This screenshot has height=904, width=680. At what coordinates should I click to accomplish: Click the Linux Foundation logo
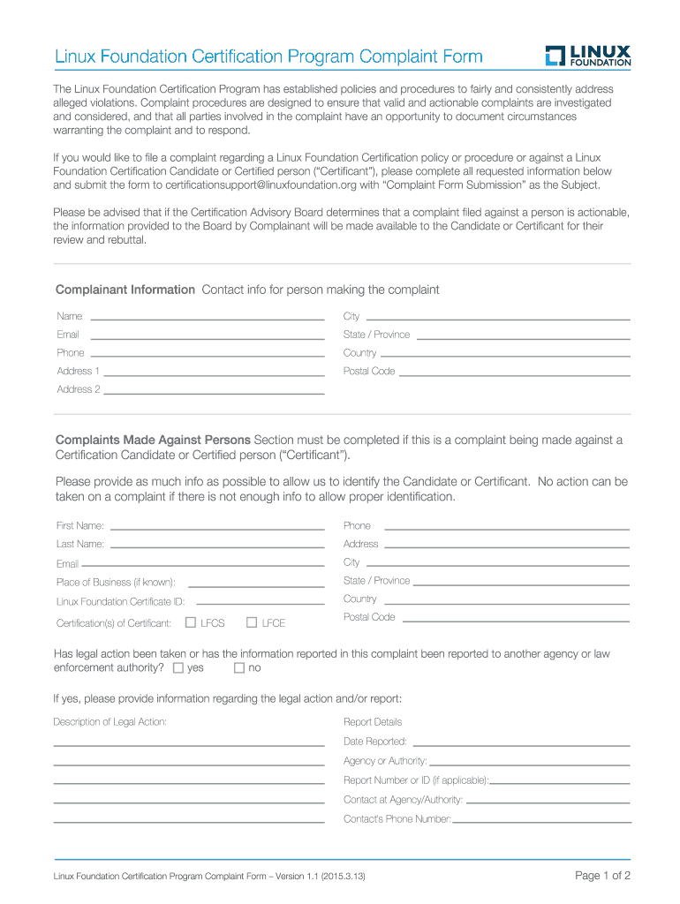587,56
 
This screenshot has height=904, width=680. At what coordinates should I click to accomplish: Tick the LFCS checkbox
191,622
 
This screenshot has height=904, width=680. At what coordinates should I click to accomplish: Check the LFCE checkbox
252,622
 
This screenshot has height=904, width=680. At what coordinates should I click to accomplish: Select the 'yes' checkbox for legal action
178,668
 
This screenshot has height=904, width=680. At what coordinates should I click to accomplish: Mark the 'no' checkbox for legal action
238,668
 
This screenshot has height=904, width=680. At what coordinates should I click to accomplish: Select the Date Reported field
521,742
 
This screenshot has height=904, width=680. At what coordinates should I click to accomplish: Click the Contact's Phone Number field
541,820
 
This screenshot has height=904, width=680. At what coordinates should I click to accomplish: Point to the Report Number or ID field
560,781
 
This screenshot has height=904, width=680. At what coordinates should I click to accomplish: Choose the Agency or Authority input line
529,762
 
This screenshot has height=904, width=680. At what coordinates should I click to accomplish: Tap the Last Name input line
217,545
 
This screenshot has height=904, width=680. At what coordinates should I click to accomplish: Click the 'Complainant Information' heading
125,290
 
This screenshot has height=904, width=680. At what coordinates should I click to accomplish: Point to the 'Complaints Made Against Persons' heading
154,440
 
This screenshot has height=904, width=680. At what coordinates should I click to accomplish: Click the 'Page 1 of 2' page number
603,876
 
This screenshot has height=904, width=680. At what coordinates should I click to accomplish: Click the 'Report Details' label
373,722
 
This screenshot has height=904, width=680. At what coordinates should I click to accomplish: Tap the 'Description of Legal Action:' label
110,722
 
